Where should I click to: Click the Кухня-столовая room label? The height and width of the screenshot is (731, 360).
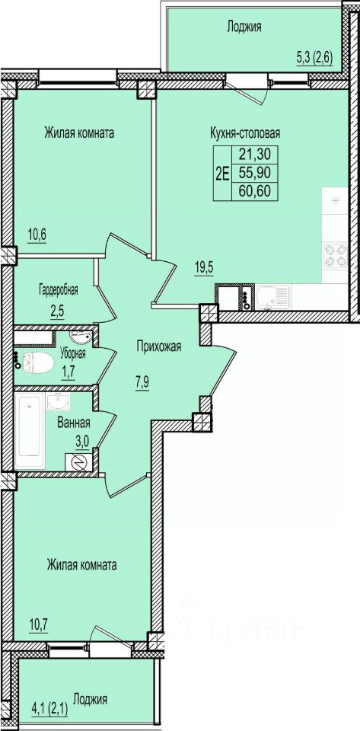244,134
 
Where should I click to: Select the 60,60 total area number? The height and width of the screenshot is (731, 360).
255,190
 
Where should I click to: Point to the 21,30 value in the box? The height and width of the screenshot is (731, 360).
255,153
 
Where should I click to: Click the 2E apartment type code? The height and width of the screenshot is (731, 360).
222,173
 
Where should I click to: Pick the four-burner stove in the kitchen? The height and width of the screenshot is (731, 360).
336,256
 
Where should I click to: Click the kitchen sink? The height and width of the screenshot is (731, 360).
272,297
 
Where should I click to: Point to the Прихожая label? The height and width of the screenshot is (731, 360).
159,346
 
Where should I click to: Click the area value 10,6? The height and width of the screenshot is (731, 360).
37,233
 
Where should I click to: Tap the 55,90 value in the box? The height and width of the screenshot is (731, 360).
255,172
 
